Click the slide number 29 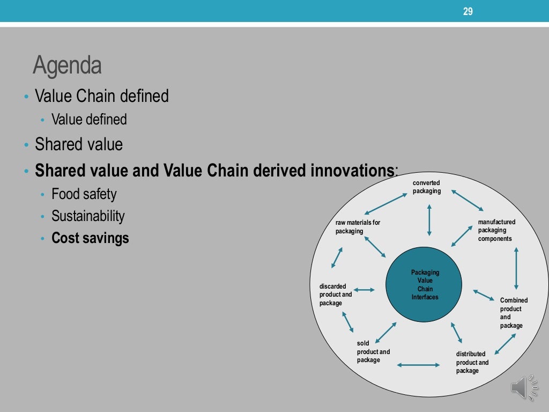pos(468,11)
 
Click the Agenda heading pos(67,66)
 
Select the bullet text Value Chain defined pos(102,96)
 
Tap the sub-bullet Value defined pos(89,119)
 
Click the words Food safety pos(84,194)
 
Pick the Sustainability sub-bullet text pos(88,216)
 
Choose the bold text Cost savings pos(90,238)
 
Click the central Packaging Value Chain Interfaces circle pos(425,285)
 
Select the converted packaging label pos(427,187)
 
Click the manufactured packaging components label pos(496,230)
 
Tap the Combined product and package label pos(514,313)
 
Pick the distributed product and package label pos(472,362)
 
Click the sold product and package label pos(373,352)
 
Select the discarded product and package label pos(336,295)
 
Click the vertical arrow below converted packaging pos(429,219)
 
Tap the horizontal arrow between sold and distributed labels pos(419,365)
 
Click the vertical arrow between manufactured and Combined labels pos(516,268)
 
